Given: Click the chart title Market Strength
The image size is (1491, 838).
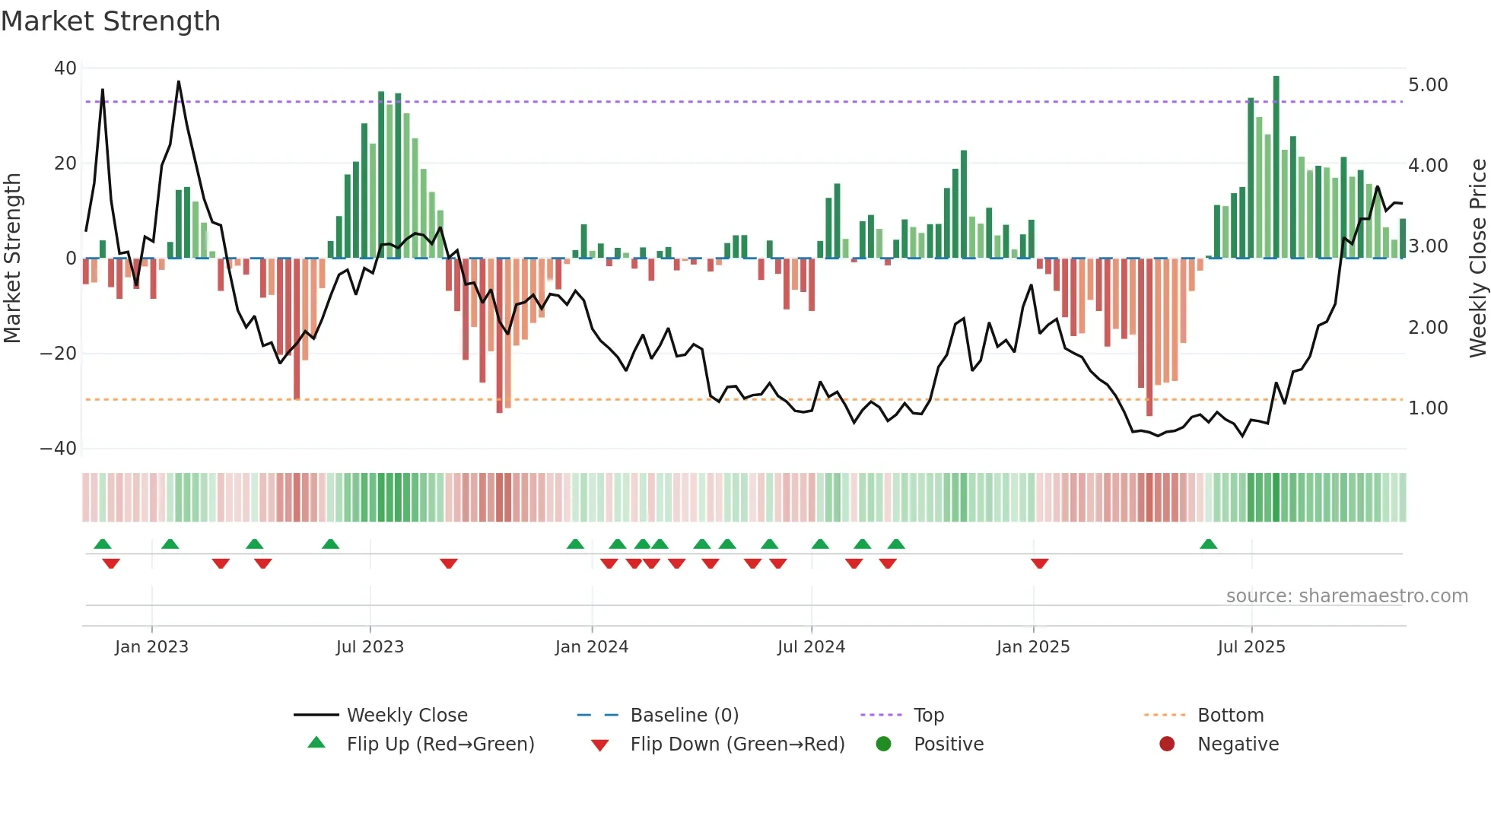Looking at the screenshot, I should [x=110, y=21].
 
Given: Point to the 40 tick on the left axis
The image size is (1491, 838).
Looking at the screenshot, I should [x=65, y=68].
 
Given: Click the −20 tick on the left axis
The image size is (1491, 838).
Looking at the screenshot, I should [x=59, y=354].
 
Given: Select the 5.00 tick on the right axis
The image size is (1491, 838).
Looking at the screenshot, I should [x=1427, y=85].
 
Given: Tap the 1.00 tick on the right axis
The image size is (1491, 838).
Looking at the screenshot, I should [x=1427, y=408].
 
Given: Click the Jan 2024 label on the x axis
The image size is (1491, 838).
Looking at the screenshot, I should [x=591, y=647].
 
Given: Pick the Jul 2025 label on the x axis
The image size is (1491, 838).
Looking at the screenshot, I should [x=1251, y=647].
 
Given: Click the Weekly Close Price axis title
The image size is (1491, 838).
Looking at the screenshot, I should [x=1477, y=259].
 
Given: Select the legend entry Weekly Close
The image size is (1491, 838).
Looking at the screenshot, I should [x=407, y=716].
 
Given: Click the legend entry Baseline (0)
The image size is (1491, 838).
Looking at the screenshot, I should [x=684, y=716].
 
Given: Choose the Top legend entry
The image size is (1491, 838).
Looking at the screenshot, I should [x=928, y=716].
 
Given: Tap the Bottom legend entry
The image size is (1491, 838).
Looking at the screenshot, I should [x=1230, y=716].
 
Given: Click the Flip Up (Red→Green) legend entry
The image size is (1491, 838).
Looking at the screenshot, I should [x=440, y=744].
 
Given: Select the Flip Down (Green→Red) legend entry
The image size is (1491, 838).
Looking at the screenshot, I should [x=737, y=744].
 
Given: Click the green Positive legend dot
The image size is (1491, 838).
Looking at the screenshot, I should [x=883, y=744].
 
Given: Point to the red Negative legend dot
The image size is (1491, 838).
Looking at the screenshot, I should [x=1166, y=744].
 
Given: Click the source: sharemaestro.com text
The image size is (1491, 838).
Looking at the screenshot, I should [x=1346, y=596].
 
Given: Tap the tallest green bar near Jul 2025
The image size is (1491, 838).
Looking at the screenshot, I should [x=1276, y=167].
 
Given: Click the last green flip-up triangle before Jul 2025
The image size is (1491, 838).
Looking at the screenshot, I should [x=1208, y=544].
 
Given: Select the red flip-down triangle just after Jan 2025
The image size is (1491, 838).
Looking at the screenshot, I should [x=1040, y=563].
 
